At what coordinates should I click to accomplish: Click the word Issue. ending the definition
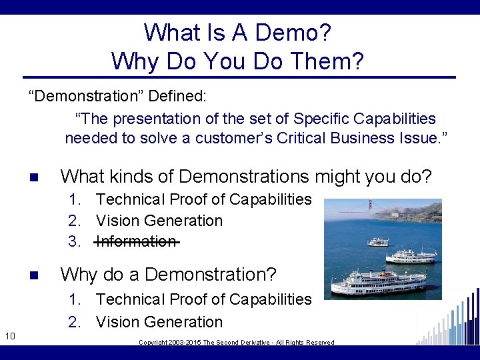click(x=426, y=138)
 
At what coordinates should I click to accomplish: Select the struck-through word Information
click(x=137, y=241)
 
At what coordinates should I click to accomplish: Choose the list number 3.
click(x=74, y=241)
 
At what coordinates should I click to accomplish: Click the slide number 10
click(x=9, y=335)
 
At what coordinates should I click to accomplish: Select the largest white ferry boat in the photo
click(x=379, y=281)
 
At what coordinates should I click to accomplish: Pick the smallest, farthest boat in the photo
click(x=378, y=241)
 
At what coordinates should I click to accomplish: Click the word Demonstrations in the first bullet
click(x=244, y=177)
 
